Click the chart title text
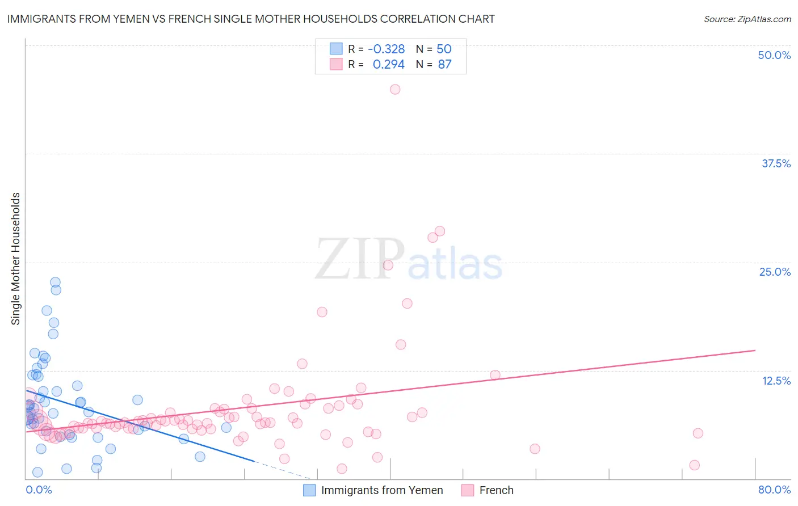pos(251,19)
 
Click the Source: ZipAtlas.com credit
pos(747,19)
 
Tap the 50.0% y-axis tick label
pos(774,55)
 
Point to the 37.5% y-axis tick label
pos(776,163)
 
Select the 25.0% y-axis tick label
pos(775,272)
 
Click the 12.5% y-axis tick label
pos(776,381)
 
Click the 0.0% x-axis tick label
pos(39,490)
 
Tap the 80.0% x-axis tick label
pos(774,490)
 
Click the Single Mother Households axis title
pos(15,259)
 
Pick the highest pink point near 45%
pos(395,89)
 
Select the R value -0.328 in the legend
pos(386,49)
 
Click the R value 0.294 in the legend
pos(388,65)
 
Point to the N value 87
pos(444,65)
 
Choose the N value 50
pos(444,49)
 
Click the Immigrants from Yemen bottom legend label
pos(382,490)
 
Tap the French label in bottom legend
pos(496,490)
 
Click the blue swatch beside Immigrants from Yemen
pos(309,490)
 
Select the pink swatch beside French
pos(468,490)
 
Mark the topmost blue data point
pos(55,282)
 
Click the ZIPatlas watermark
pos(409,259)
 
